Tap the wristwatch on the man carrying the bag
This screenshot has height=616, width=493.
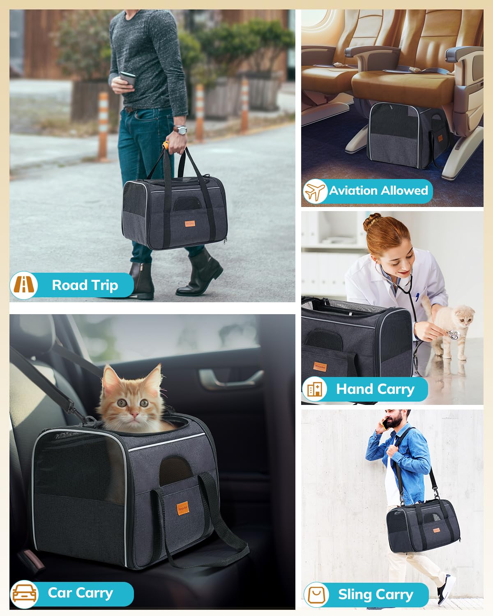click(180, 130)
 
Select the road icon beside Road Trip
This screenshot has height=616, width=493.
click(24, 285)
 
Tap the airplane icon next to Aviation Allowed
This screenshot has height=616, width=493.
click(315, 191)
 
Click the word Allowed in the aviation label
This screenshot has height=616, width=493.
click(404, 191)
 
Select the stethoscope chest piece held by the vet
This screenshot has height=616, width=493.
click(453, 334)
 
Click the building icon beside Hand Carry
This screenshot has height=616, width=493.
click(315, 388)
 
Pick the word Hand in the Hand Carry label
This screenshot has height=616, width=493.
click(354, 389)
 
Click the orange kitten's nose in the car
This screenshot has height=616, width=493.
click(133, 412)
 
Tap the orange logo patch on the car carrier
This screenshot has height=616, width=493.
click(182, 508)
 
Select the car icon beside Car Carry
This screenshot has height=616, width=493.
click(25, 594)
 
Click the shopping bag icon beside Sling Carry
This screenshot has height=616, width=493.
click(316, 595)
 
